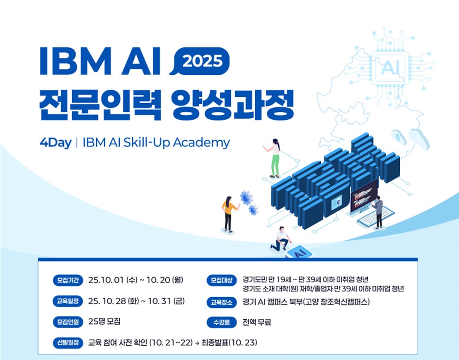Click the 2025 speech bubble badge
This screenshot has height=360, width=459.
200,61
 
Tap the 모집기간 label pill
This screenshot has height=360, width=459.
68,280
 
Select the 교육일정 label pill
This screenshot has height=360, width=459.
68,301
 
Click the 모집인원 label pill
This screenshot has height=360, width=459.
68,321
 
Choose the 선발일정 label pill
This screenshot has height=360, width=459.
68,343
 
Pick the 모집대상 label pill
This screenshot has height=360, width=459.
222,280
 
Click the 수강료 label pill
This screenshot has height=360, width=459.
222,322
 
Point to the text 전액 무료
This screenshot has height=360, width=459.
257,322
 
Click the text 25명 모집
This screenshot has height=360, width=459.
104,321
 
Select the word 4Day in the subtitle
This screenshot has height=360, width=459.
56,143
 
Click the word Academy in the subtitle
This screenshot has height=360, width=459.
202,143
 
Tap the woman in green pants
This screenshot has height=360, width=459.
274,158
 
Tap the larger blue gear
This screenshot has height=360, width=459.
246,197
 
